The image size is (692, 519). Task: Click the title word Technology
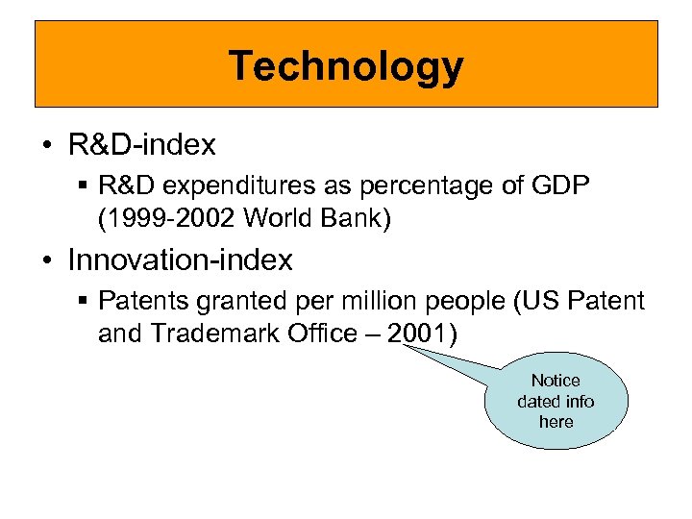[346, 66]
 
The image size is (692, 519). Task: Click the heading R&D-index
[142, 145]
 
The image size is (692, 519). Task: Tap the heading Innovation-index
[181, 259]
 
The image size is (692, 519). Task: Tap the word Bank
[358, 218]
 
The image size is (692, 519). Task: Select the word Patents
[139, 301]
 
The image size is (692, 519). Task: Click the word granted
[228, 301]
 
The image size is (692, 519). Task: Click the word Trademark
[208, 334]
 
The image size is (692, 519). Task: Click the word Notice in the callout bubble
[556, 381]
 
